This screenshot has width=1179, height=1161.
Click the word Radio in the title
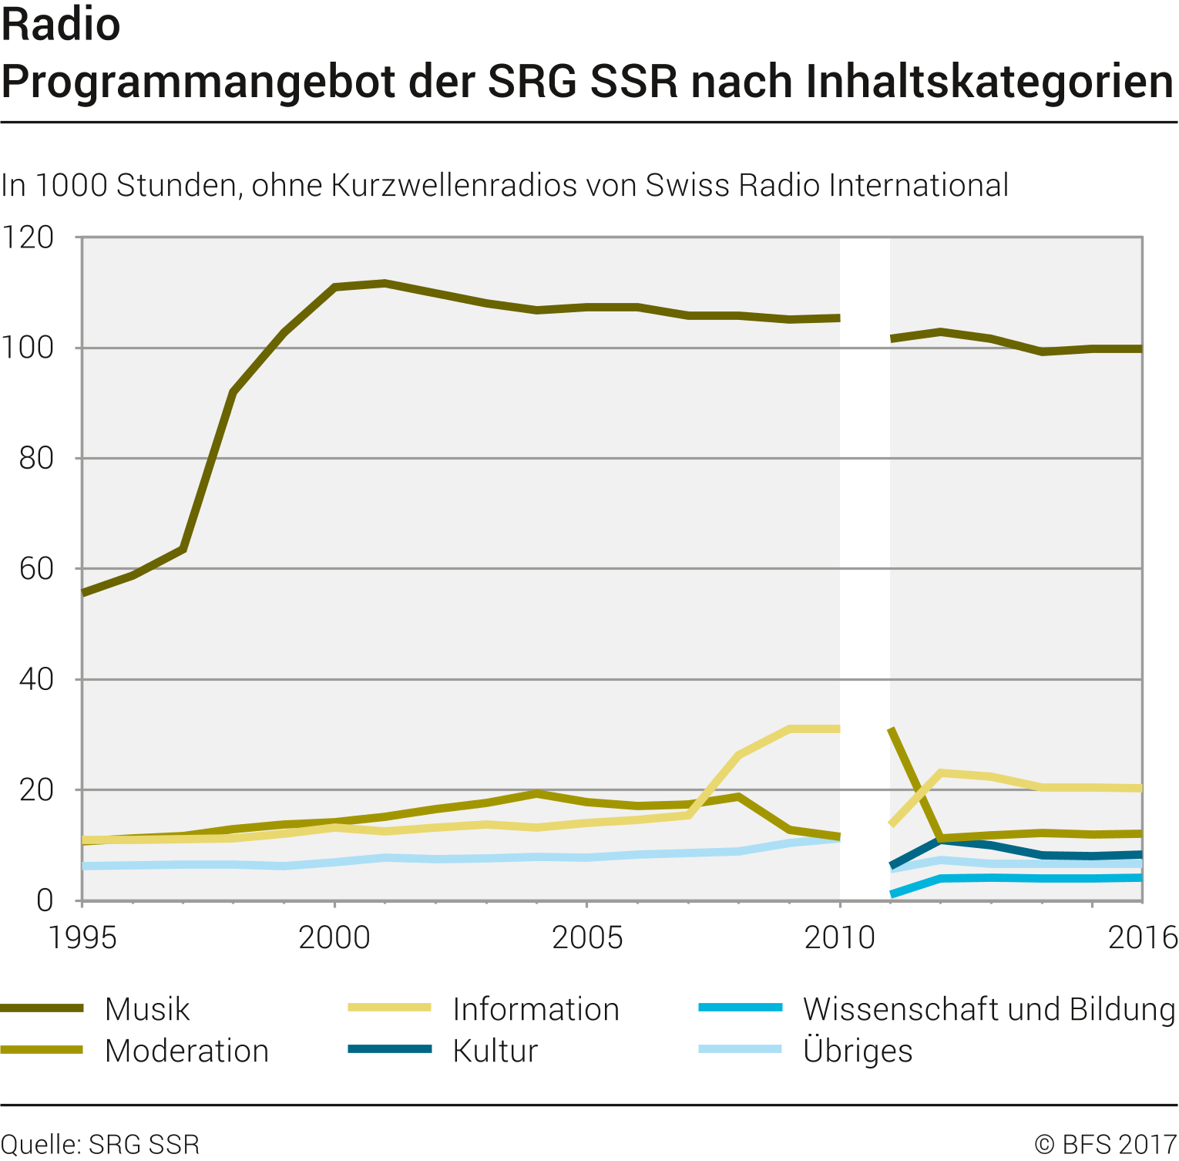pyautogui.click(x=61, y=25)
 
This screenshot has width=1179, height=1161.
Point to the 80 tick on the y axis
pyautogui.click(x=36, y=459)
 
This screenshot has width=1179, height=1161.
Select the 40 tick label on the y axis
pyautogui.click(x=36, y=679)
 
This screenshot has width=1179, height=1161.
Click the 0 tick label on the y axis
pyautogui.click(x=45, y=900)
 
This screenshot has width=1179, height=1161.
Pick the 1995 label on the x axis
pyautogui.click(x=82, y=937)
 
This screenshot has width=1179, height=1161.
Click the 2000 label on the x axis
pyautogui.click(x=334, y=937)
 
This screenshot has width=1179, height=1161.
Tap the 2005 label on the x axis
pyautogui.click(x=587, y=937)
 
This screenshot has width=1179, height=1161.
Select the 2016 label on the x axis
pyautogui.click(x=1142, y=937)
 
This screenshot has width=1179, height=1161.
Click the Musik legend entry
pyautogui.click(x=147, y=1009)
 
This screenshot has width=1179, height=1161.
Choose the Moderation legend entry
pyautogui.click(x=186, y=1051)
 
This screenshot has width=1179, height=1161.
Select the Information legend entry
pyautogui.click(x=536, y=1009)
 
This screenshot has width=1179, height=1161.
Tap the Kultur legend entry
pyautogui.click(x=495, y=1051)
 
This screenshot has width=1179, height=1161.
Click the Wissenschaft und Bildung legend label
pyautogui.click(x=989, y=1009)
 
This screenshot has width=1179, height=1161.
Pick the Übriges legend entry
pyautogui.click(x=857, y=1051)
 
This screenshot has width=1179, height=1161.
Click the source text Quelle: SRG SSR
pyautogui.click(x=100, y=1144)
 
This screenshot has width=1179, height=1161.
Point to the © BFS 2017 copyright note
pyautogui.click(x=1105, y=1144)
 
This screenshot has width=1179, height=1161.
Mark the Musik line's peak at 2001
pyautogui.click(x=385, y=283)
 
